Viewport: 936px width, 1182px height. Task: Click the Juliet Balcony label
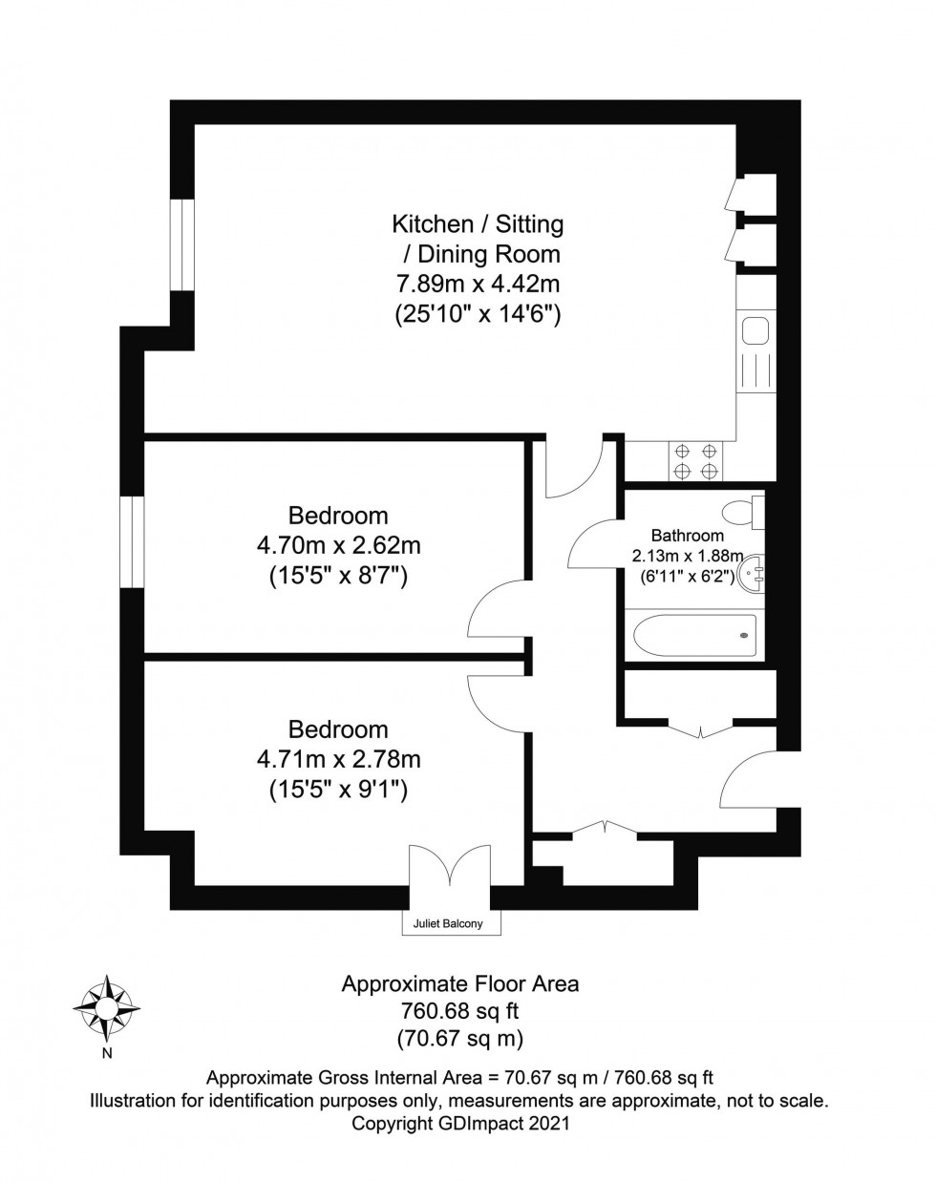[x=448, y=923]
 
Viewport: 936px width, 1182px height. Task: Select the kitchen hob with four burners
[x=696, y=461]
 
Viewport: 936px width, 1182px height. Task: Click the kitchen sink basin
[x=755, y=332]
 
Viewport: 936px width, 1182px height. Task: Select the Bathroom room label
[x=687, y=536]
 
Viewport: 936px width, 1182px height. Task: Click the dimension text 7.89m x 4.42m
[x=478, y=284]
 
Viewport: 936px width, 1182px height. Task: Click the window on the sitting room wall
[x=182, y=243]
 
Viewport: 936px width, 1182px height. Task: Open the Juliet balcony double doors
[x=448, y=871]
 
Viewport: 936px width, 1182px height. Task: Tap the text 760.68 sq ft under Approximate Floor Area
[x=460, y=1010]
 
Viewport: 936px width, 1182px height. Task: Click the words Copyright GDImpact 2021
[x=460, y=1124]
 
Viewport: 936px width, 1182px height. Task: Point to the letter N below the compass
[x=107, y=1054]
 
